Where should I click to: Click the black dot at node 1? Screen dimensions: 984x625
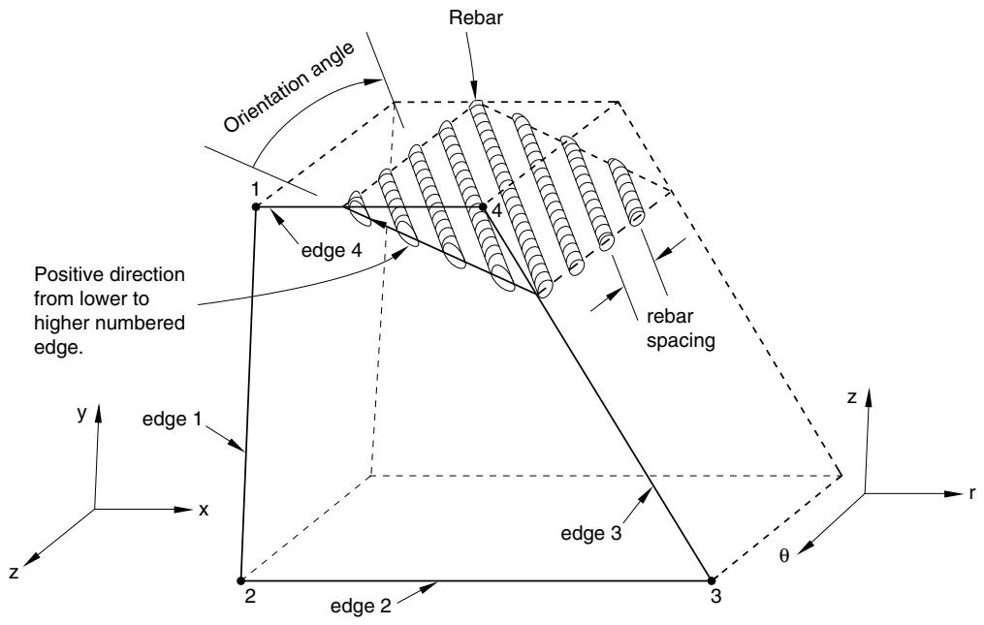[x=255, y=206]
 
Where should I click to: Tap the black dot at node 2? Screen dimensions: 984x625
[x=240, y=579]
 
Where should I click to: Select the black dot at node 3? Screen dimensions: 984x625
[x=712, y=579]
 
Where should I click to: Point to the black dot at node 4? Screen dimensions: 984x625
[x=483, y=206]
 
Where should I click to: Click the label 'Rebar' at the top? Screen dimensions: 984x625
[x=476, y=17]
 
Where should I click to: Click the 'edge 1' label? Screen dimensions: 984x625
[x=172, y=420]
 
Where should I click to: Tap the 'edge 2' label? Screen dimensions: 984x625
[x=361, y=607]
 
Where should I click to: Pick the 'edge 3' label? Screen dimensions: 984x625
[x=591, y=533]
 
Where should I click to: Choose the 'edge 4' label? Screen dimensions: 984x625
[x=332, y=251]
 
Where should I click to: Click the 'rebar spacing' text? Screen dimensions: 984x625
[x=681, y=328]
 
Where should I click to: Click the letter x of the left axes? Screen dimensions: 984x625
[x=204, y=510]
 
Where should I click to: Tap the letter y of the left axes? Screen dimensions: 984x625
[x=81, y=414]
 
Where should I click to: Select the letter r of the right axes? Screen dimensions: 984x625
[x=972, y=492]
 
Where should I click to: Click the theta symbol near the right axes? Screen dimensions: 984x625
[x=784, y=555]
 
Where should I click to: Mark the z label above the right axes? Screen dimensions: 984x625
[x=852, y=398]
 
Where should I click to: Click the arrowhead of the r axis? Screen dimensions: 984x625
[x=953, y=493]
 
